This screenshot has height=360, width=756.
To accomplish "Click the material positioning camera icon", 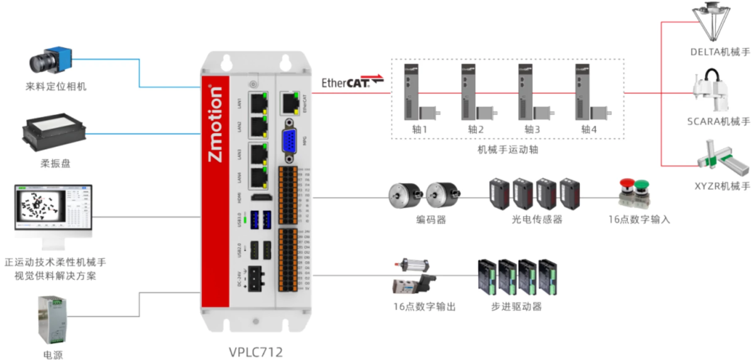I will (x=51, y=61).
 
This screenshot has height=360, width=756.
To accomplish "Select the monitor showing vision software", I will (x=53, y=207).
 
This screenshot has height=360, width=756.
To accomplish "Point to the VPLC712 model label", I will (x=256, y=352).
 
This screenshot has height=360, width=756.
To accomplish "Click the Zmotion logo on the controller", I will (x=215, y=124).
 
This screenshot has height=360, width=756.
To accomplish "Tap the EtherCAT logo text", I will (x=346, y=83).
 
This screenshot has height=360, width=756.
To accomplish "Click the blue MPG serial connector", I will (x=289, y=141).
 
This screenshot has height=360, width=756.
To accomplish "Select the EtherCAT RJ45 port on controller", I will (x=290, y=102).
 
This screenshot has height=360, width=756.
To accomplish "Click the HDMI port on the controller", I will (x=261, y=197).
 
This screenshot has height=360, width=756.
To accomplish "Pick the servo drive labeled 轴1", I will (x=411, y=92).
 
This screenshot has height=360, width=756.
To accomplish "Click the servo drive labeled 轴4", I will (x=582, y=92).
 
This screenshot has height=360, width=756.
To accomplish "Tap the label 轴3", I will (x=532, y=129).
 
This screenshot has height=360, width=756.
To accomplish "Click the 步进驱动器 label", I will (x=516, y=307).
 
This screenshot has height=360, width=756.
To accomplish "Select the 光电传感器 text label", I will (x=537, y=219).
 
